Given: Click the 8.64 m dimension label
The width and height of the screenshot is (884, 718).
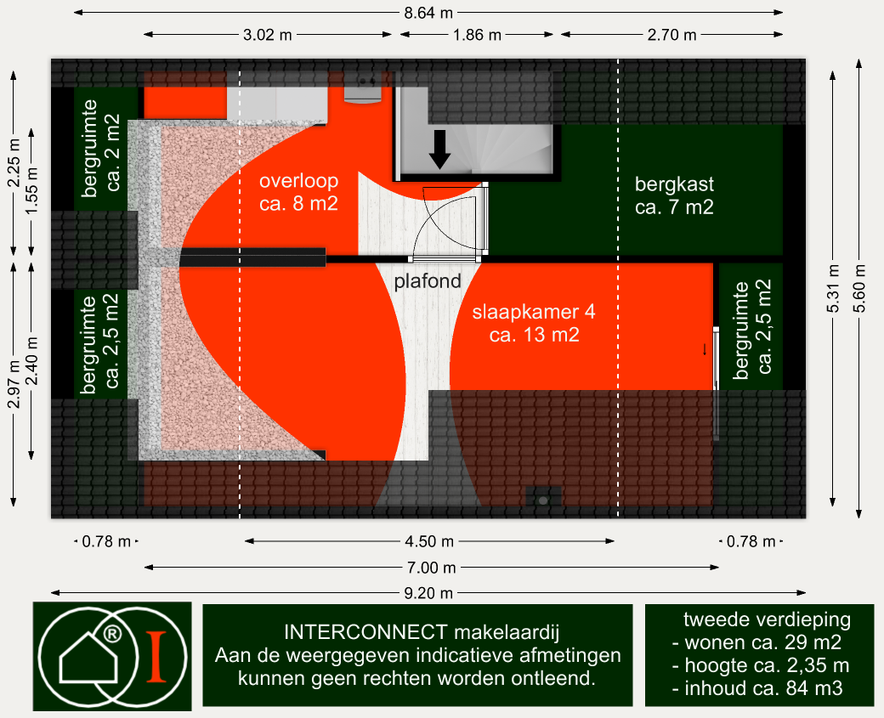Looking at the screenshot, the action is (428, 13).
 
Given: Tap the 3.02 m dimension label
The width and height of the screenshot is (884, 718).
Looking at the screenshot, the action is (267, 35).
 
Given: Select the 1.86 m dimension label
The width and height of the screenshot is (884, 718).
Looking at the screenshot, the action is (477, 35).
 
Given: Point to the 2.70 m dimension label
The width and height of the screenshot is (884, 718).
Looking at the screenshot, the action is (671, 35).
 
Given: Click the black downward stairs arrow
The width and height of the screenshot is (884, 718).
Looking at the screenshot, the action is (439, 150).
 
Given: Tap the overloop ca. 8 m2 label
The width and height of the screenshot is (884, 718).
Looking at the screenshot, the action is (299, 192).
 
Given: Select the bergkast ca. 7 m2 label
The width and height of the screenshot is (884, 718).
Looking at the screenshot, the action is (674, 195).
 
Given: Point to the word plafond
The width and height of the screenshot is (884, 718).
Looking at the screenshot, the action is (428, 280).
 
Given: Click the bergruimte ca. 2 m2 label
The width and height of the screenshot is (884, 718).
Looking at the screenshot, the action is (101, 148).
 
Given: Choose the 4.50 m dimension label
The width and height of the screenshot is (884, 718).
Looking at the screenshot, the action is (429, 541).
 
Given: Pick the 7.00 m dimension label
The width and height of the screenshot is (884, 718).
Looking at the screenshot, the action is (431, 568).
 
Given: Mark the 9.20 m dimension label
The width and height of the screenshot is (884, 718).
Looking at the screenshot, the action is (428, 593).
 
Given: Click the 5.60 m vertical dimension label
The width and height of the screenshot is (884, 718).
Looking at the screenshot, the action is (859, 288).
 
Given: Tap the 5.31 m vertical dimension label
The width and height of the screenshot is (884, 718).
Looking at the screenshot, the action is (833, 288).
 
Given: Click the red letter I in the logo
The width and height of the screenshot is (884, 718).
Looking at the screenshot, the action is (156, 657).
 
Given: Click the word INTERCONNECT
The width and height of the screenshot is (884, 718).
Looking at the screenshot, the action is (365, 632).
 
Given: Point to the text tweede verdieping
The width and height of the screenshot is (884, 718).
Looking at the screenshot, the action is (767, 619).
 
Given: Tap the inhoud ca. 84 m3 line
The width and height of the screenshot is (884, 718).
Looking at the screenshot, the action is (757, 688).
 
